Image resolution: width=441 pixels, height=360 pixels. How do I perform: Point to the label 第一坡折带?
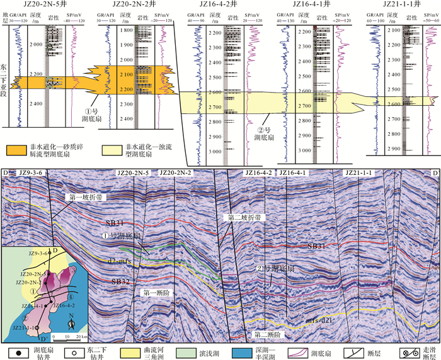(x=83, y=198)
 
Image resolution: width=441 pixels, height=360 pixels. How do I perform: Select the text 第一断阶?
(x=154, y=293)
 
